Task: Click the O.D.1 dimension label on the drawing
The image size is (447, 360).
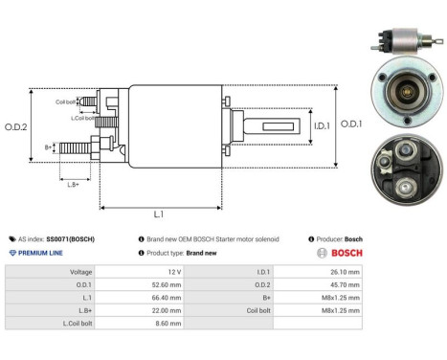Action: click(350, 124)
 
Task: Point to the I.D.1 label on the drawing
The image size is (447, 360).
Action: click(295, 124)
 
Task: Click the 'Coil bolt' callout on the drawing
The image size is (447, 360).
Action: click(65, 101)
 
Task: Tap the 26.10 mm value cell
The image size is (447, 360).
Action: click(344, 272)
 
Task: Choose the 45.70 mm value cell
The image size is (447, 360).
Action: click(344, 285)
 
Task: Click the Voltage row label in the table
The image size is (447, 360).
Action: click(80, 272)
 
